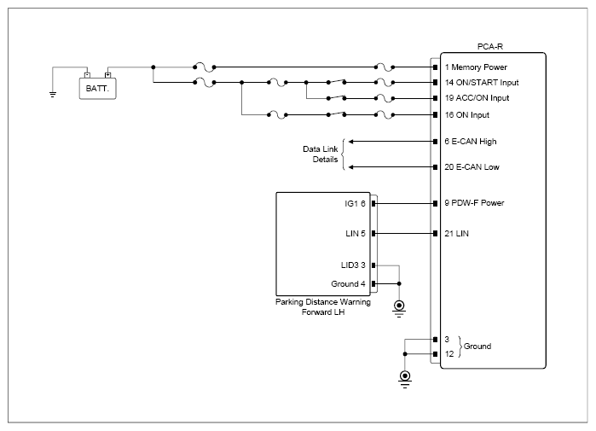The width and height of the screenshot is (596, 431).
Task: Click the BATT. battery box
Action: tap(98, 89)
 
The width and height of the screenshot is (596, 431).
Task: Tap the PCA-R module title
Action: tap(490, 47)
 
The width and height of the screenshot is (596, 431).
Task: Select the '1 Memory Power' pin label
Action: tap(476, 67)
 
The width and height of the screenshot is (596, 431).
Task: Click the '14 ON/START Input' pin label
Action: tap(482, 83)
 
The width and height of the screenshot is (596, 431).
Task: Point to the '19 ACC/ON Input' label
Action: tap(477, 98)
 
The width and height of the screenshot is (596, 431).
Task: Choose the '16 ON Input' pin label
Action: tap(466, 115)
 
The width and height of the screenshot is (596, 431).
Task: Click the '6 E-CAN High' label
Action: tap(471, 142)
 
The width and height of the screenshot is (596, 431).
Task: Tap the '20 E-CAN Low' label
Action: tap(472, 167)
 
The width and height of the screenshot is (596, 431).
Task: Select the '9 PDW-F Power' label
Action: tap(474, 203)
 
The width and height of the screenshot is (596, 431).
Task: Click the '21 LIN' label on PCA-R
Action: tap(456, 234)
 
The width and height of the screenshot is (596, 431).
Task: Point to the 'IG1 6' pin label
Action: tap(355, 203)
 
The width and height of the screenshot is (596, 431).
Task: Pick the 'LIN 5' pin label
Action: tap(356, 234)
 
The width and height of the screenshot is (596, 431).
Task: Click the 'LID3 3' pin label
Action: tap(353, 265)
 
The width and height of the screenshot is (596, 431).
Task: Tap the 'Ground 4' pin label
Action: tap(348, 284)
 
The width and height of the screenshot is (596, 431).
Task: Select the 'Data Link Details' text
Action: tap(321, 154)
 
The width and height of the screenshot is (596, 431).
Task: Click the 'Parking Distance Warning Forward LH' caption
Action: tap(323, 307)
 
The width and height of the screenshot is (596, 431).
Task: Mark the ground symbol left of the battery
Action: tap(53, 95)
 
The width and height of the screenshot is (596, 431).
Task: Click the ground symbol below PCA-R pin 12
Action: tap(405, 379)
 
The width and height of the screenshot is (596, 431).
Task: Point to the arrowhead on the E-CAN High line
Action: tap(351, 142)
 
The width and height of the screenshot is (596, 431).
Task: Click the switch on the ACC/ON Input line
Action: tap(337, 98)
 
